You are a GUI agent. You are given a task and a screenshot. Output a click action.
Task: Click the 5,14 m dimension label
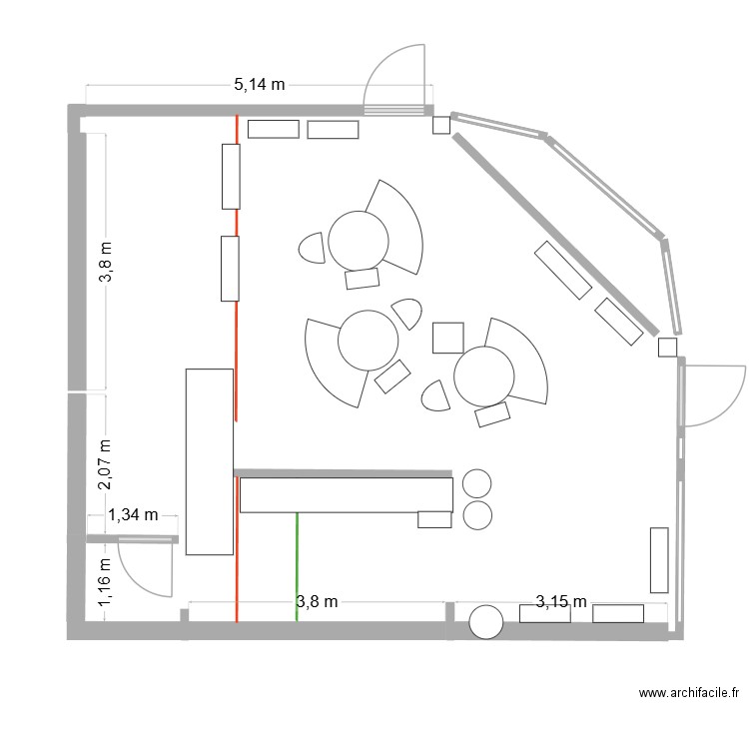[x=260, y=85]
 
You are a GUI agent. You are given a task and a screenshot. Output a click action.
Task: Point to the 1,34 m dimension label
[x=133, y=515]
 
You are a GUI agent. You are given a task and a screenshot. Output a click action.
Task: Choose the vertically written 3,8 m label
[x=106, y=262]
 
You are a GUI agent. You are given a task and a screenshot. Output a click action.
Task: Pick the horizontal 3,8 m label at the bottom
[x=317, y=601]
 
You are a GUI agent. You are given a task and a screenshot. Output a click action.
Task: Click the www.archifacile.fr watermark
[x=688, y=692]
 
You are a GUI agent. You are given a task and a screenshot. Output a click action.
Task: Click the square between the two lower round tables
[x=447, y=338]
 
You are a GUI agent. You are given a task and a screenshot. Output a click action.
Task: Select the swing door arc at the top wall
[x=397, y=78]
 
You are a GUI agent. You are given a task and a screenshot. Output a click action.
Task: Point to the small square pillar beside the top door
[x=440, y=125]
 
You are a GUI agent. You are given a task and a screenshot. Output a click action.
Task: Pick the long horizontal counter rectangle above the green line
[x=346, y=494]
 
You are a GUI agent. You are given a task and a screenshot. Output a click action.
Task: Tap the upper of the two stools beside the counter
[x=477, y=483]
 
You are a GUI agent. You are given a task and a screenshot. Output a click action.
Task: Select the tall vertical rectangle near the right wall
[x=659, y=559]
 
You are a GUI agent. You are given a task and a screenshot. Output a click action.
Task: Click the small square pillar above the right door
[x=668, y=347]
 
